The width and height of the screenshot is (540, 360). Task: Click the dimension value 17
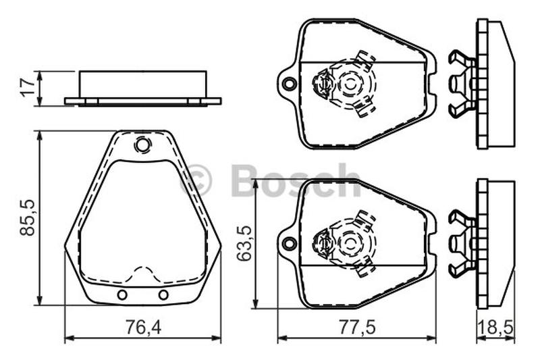28,88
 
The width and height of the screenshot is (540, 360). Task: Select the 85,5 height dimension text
28,217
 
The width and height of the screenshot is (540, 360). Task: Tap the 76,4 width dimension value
143,327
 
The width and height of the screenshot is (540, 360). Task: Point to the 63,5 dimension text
245,243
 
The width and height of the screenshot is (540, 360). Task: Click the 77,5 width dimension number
357,327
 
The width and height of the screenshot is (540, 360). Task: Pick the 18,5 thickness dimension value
496,327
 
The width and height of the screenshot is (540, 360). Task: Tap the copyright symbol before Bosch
196,180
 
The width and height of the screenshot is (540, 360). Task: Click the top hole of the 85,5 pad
142,145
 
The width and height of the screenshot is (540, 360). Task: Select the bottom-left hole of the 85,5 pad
122,295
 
